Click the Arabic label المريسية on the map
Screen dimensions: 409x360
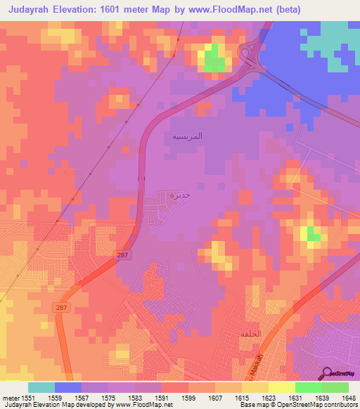coord(187,136)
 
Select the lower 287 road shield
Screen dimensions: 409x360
coord(62,308)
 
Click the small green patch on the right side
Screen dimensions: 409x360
coord(314,236)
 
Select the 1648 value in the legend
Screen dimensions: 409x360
coord(349,398)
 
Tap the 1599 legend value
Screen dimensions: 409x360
coord(188,398)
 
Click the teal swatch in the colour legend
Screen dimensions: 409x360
coord(41,387)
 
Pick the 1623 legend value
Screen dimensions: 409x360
coord(269,398)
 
